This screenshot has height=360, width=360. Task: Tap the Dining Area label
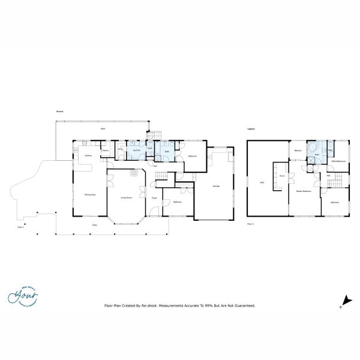click(x=90, y=194)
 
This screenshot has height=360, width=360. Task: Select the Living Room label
click(x=127, y=197)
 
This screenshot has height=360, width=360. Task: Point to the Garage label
click(x=216, y=187)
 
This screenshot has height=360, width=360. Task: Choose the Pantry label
click(x=105, y=151)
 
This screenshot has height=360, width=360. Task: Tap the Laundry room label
click(x=136, y=149)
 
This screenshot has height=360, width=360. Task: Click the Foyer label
click(x=154, y=197)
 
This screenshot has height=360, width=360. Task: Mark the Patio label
click(x=95, y=225)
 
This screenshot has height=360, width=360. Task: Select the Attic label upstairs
click(x=262, y=182)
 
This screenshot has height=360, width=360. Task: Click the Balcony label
click(x=298, y=150)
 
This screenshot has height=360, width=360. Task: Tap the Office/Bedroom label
click(x=338, y=161)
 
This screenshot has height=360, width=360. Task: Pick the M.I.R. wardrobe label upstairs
click(x=281, y=176)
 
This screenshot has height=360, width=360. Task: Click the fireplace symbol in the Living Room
click(x=133, y=172)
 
